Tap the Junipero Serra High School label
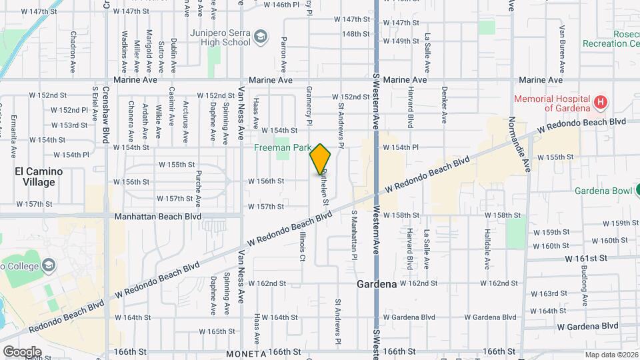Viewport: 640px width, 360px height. point(219,36)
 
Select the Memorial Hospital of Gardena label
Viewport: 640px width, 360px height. point(552,103)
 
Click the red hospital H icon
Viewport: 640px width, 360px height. point(601,103)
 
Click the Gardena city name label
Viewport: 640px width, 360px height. point(377,284)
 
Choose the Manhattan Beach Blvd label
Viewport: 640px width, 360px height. point(158,217)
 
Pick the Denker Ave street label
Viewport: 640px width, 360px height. point(443,105)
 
